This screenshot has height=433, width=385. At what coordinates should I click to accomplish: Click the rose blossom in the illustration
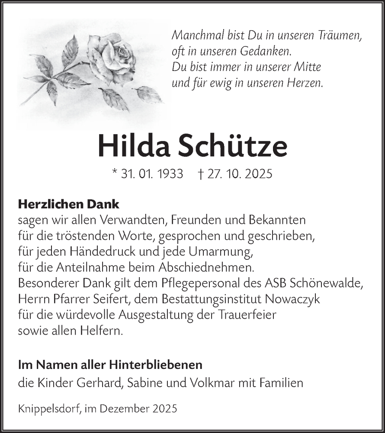(x=113, y=58)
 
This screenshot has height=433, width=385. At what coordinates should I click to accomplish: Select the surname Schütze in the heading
(x=232, y=146)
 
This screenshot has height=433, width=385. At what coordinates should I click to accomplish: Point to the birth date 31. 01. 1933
(x=152, y=174)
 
